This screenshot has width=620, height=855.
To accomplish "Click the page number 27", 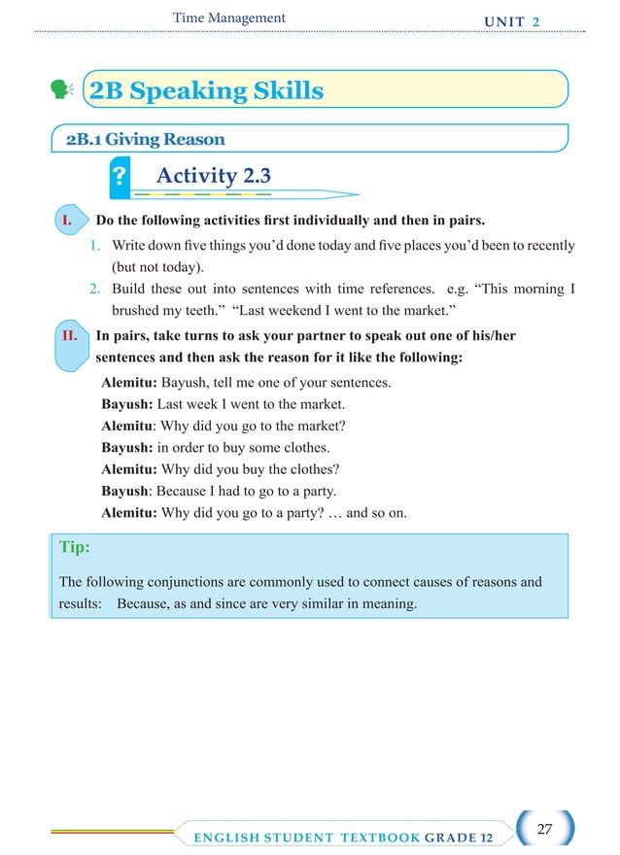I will click(544, 829).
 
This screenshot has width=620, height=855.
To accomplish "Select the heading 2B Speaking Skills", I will click(206, 91).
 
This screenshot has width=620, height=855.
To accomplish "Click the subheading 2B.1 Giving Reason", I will click(145, 139).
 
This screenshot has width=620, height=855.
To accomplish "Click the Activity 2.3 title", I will click(213, 176).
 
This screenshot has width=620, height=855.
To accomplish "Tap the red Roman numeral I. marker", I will click(67, 221).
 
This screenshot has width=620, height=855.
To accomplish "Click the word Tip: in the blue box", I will click(75, 547).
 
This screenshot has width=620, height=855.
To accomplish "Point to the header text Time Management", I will click(228, 17).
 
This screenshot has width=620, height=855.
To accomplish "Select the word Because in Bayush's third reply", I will click(186, 491).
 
